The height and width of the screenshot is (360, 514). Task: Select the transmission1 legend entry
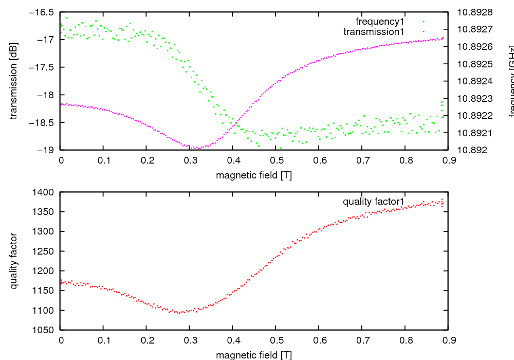tap(374, 32)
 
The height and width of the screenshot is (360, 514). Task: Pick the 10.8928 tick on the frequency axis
tap(474, 12)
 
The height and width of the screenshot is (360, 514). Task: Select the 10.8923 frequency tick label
tap(474, 98)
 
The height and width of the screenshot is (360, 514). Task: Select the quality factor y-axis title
tap(14, 261)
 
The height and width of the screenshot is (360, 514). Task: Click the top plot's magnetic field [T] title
tap(254, 175)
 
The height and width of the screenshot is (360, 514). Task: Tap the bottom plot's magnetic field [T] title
tap(254, 355)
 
